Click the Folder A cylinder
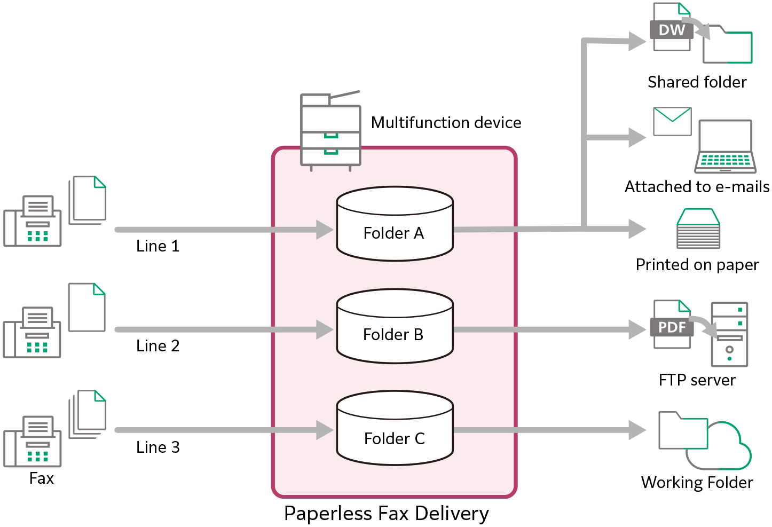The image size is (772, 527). [395, 224]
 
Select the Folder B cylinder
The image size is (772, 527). [395, 327]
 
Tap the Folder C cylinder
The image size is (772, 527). [395, 429]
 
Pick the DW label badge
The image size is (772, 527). [671, 30]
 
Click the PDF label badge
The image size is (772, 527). [671, 327]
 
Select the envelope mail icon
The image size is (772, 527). [672, 122]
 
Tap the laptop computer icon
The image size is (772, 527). [725, 146]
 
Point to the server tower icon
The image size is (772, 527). [729, 334]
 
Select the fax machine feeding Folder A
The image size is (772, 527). [33, 221]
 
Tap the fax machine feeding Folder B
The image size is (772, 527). [32, 332]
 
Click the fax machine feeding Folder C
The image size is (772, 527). [33, 442]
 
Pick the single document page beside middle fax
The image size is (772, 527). [86, 308]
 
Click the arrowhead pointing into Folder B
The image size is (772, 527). [324, 329]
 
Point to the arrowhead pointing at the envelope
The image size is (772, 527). [636, 138]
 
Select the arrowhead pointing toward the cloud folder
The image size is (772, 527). [636, 430]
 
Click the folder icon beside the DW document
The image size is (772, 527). [727, 45]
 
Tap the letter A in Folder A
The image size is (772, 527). [418, 233]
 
